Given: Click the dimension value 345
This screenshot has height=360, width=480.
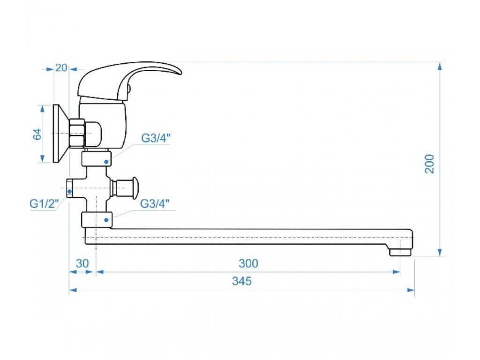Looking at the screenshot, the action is click(242, 281).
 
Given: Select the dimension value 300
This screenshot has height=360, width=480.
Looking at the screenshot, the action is click(248, 263).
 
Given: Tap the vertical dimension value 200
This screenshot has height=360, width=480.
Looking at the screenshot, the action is click(429, 164).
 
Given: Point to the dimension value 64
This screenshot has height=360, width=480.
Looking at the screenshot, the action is click(38, 134).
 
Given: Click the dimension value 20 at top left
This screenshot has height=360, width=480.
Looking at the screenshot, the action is click(61, 67).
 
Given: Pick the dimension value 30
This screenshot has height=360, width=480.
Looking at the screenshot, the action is click(82, 263).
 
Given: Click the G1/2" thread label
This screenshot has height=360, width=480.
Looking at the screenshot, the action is click(44, 204).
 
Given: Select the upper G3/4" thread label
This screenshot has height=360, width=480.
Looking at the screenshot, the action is click(156, 138).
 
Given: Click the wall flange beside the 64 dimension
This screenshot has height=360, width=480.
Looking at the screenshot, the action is click(59, 134).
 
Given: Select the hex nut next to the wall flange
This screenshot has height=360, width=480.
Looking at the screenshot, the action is click(76, 133).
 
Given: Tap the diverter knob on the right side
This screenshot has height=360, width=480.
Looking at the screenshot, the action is click(135, 187).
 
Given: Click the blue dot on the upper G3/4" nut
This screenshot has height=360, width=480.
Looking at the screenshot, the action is click(107, 162).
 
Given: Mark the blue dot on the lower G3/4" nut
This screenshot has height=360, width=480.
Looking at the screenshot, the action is click(107, 219).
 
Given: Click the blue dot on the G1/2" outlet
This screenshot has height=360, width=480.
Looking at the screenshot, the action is click(70, 191).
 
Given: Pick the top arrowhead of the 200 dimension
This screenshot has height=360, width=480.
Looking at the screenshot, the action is click(440, 66).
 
